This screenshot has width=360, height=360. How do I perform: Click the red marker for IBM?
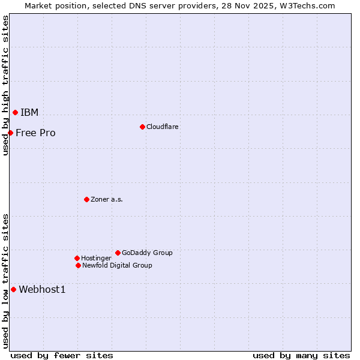(15, 112)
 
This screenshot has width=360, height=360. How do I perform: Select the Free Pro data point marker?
(11, 133)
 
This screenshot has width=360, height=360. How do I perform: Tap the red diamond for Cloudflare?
(142, 127)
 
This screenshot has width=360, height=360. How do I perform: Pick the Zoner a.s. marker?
(86, 199)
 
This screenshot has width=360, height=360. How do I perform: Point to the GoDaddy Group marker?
(118, 253)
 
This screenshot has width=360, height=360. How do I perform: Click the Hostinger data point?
(77, 258)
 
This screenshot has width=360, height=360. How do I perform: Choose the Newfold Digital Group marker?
(78, 265)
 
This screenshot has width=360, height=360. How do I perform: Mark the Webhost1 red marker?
(13, 289)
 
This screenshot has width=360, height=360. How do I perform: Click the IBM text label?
(29, 112)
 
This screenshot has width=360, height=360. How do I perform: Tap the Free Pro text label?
(35, 133)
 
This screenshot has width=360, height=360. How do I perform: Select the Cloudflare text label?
(162, 127)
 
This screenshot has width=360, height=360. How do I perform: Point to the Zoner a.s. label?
(107, 199)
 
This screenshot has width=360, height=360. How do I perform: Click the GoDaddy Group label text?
(147, 253)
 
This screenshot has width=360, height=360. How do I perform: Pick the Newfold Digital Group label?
(117, 265)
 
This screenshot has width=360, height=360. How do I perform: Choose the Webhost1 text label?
(42, 289)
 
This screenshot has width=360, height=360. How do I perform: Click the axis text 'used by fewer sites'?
(62, 355)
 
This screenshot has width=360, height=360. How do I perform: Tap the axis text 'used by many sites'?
(301, 355)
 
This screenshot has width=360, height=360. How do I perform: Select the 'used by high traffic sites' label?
(5, 85)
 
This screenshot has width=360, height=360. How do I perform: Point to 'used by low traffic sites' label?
(5, 280)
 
